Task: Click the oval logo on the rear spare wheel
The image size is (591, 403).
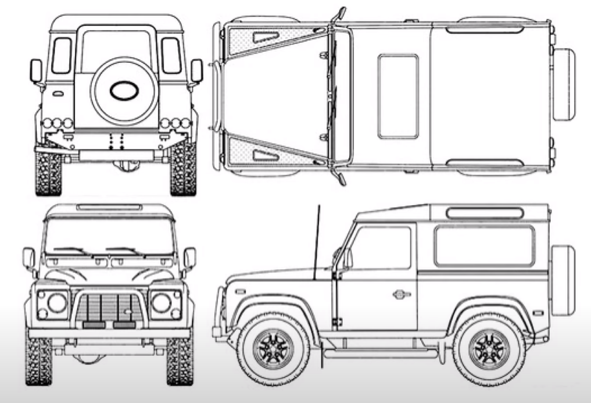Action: point(121,90)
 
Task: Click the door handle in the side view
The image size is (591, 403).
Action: point(400,294)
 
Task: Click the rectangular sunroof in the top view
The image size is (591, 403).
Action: point(397,97)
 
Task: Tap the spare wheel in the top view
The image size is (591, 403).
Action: point(564,85)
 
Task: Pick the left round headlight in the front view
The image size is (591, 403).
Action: point(56,302)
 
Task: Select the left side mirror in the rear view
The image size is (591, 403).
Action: point(36,71)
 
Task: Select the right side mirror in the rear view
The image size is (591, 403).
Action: point(196,71)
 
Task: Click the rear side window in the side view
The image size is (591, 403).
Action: point(483,247)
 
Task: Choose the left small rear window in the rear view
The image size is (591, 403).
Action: point(61,56)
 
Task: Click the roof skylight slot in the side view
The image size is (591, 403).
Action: point(483,213)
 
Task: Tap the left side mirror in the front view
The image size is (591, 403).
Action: point(28,258)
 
